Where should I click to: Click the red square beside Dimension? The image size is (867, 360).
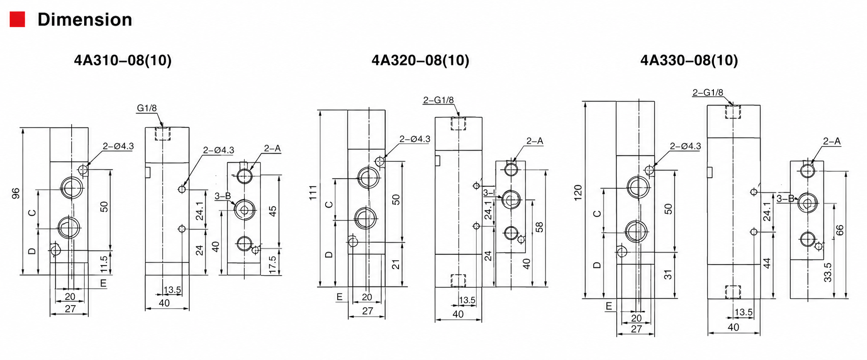pyautogui.click(x=17, y=20)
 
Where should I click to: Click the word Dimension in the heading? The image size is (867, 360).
pyautogui.click(x=85, y=20)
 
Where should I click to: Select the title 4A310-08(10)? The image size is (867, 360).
pyautogui.click(x=123, y=60)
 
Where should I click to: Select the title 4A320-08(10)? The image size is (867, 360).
pyautogui.click(x=420, y=60)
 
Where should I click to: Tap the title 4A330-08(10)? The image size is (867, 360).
pyautogui.click(x=689, y=60)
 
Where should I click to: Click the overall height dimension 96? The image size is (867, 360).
pyautogui.click(x=16, y=193)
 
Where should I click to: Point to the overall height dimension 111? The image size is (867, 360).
pyautogui.click(x=313, y=192)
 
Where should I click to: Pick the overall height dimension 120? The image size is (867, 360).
pyautogui.click(x=578, y=192)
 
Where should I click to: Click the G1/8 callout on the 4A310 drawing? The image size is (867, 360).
pyautogui.click(x=147, y=108)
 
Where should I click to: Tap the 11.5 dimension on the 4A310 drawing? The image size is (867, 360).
pyautogui.click(x=104, y=264)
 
